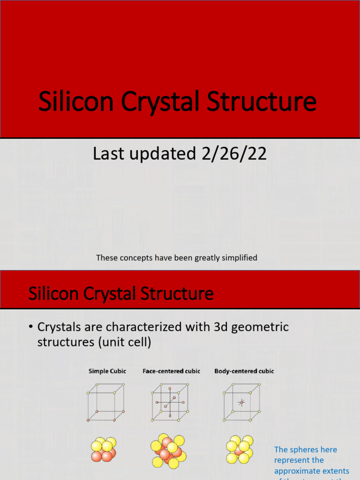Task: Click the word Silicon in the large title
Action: [x=76, y=103]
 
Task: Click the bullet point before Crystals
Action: [x=31, y=327]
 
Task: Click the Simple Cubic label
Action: [x=107, y=371]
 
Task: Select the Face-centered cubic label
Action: [x=171, y=371]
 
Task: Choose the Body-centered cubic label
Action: [x=244, y=371]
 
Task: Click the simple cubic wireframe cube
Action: [x=106, y=402]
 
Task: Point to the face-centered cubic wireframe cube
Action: [x=170, y=402]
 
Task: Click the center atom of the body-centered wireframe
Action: [x=242, y=402]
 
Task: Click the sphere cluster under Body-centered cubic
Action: [x=240, y=450]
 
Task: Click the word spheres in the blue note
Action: [x=306, y=450]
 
